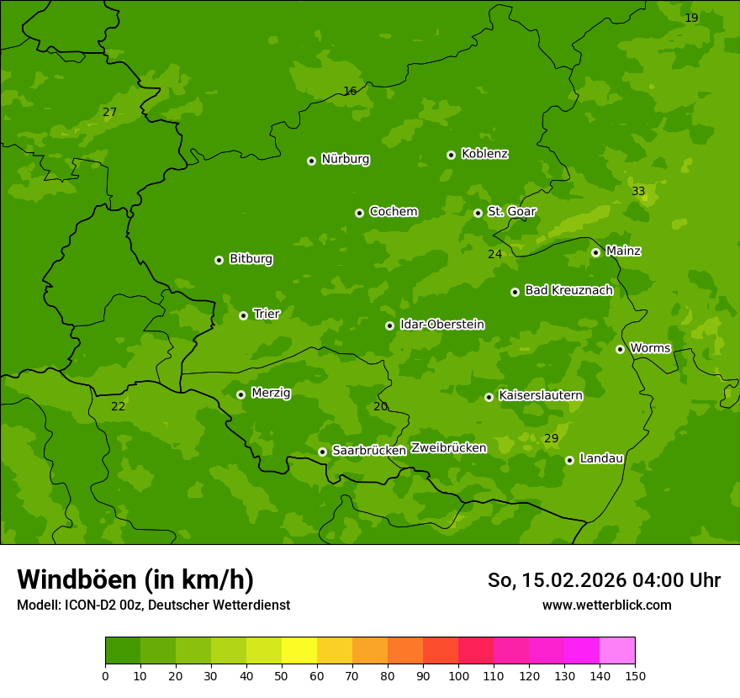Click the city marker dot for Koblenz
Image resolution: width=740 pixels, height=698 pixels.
(x=451, y=155)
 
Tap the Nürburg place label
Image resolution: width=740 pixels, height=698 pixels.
(x=345, y=159)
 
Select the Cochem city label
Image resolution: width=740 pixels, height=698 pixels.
(x=393, y=212)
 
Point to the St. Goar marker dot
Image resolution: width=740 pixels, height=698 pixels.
(x=478, y=213)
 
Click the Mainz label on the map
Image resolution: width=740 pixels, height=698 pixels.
(x=623, y=251)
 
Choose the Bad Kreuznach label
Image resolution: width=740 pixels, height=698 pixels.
(x=568, y=290)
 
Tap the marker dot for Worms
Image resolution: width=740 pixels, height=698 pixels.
(x=620, y=349)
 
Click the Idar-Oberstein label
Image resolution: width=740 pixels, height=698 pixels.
(x=441, y=325)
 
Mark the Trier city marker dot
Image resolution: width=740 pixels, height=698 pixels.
(x=243, y=315)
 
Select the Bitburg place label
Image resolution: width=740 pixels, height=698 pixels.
(x=251, y=259)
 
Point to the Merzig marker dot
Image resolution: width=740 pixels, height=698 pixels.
(x=240, y=394)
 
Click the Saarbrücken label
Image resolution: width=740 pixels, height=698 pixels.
(x=369, y=451)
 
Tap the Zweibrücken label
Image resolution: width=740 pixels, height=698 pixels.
(x=448, y=448)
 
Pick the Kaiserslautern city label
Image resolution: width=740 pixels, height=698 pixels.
(x=540, y=395)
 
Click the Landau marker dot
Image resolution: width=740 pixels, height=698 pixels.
(x=569, y=460)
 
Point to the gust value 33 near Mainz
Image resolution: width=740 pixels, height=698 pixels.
(x=638, y=192)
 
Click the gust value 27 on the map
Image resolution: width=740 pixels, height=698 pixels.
(x=109, y=113)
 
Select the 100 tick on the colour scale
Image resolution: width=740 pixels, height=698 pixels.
(x=458, y=675)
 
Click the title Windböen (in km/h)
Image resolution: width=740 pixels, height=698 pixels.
(x=135, y=579)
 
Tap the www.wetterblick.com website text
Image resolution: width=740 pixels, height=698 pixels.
(x=606, y=605)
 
